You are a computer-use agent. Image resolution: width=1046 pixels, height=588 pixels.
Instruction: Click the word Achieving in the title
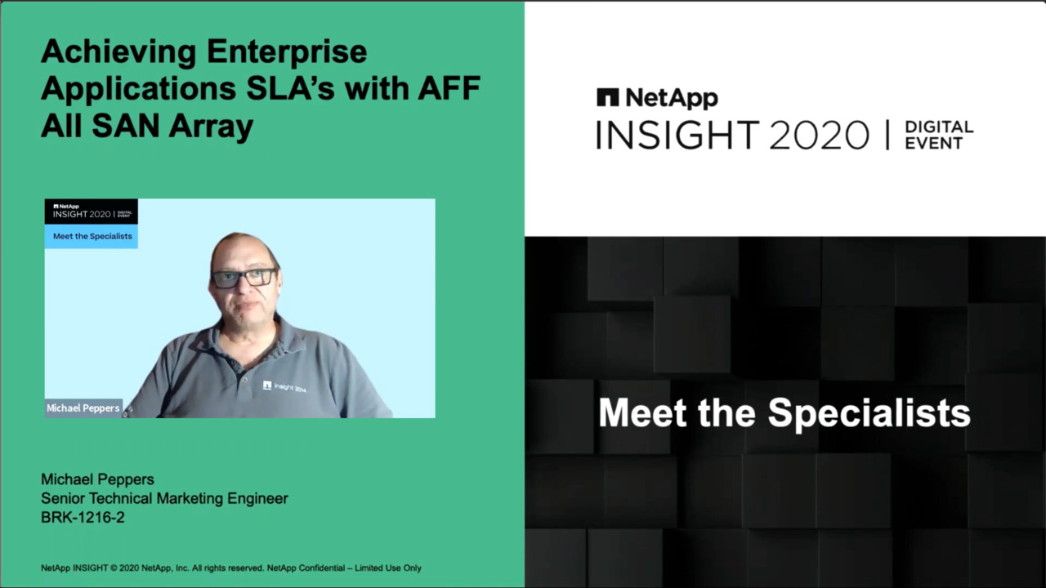[118, 53]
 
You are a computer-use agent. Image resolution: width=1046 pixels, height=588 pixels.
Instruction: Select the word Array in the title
[211, 127]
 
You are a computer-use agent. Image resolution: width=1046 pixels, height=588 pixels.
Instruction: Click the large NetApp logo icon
[607, 97]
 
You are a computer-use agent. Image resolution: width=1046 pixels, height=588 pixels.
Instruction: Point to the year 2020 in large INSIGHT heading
[819, 136]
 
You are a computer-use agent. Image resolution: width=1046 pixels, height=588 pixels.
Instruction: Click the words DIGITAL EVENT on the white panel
[939, 135]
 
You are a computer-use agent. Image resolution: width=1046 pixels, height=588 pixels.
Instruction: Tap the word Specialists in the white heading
[869, 413]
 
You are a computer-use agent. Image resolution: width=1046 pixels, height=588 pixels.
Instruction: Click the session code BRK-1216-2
[83, 518]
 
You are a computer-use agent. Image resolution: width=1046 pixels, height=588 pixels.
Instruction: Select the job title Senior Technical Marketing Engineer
[164, 498]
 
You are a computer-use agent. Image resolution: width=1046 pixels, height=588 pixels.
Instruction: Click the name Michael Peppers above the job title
[97, 479]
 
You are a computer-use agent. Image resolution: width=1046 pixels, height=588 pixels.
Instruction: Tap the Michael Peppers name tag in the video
[83, 408]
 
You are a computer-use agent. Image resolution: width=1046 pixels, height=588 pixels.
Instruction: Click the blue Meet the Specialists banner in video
[92, 236]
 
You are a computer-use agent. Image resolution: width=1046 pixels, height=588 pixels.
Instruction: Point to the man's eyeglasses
[244, 278]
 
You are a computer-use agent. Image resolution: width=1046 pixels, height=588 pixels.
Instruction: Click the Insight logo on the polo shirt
[284, 386]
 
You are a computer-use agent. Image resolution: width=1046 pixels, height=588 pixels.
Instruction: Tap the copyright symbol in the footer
[114, 568]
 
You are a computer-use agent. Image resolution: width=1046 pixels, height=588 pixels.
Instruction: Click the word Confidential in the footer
[322, 568]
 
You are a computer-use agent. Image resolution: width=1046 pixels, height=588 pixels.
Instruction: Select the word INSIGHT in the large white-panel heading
[678, 136]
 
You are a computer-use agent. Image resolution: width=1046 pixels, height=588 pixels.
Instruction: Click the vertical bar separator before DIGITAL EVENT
[887, 136]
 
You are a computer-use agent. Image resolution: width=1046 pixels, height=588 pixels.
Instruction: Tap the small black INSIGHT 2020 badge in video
[92, 212]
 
